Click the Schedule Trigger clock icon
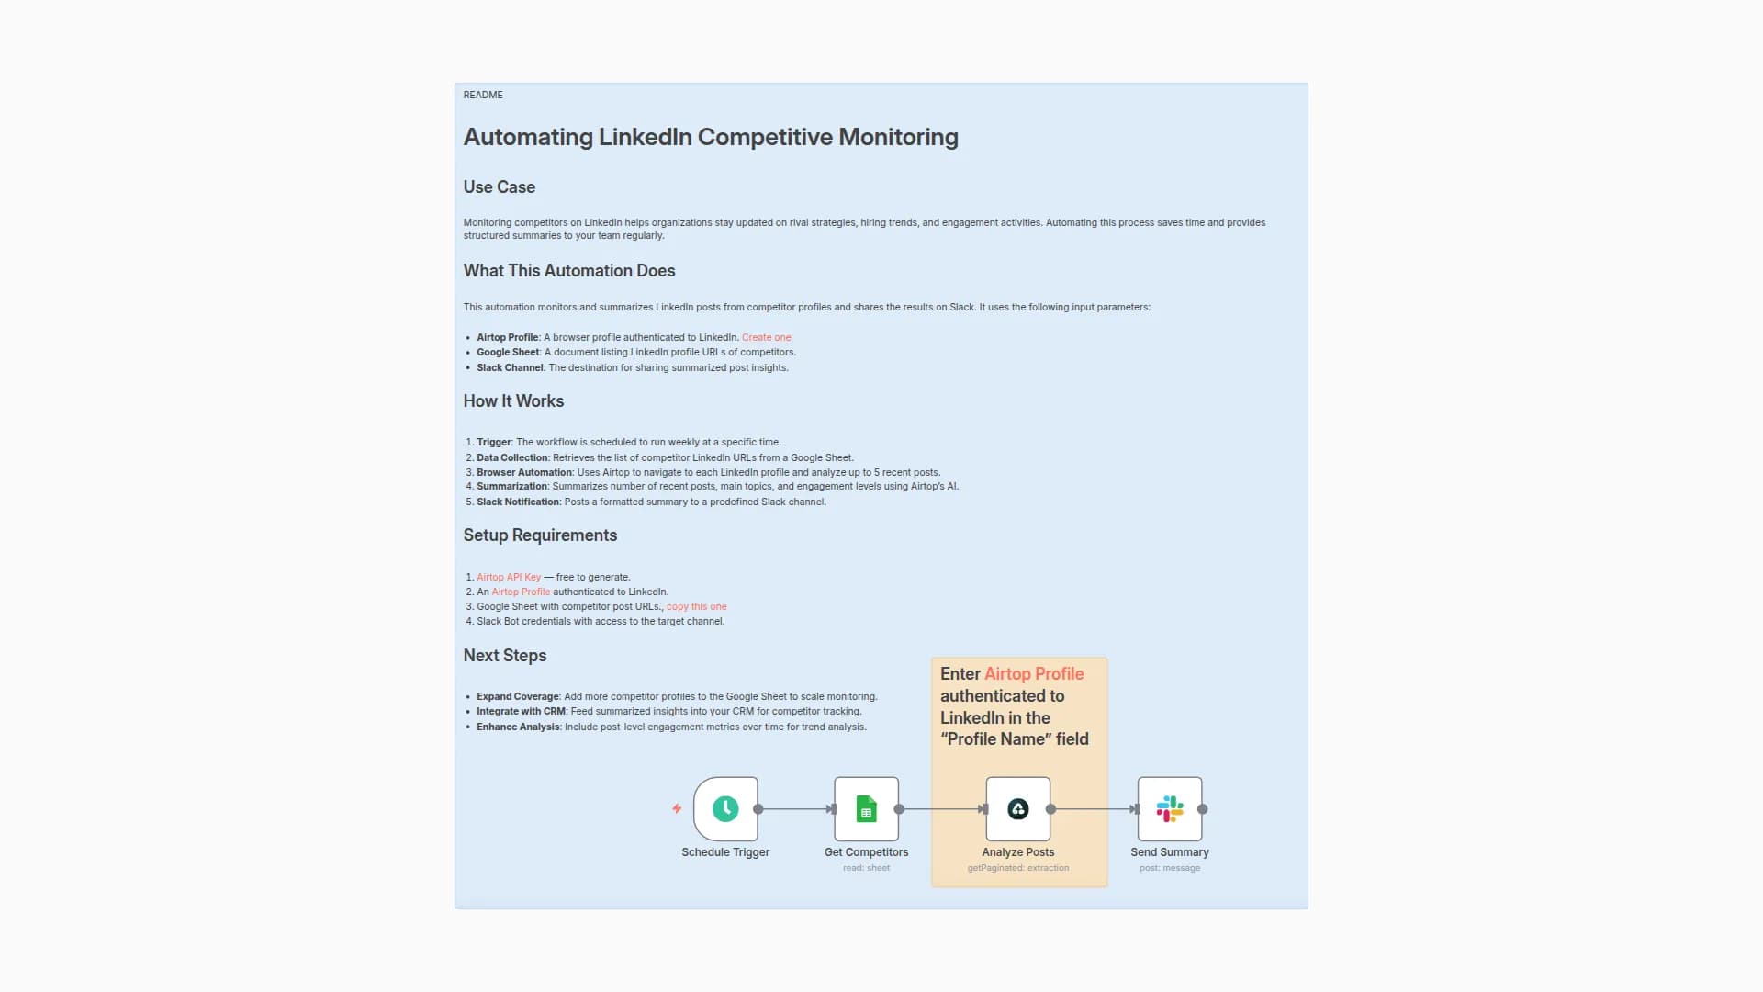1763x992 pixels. [725, 809]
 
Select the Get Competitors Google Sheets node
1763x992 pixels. [866, 809]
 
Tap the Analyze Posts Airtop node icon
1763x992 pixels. [1017, 809]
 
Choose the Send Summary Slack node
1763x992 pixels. [1169, 809]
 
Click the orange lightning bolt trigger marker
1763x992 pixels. [677, 809]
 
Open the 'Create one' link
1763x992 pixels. [766, 337]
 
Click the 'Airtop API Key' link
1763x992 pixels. [509, 577]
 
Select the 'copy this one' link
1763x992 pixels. [696, 606]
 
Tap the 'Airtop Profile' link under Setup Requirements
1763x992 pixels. [521, 592]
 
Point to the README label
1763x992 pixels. [483, 95]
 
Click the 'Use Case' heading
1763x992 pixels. [499, 187]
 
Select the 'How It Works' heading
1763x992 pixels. [513, 401]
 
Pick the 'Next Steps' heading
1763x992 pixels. [504, 656]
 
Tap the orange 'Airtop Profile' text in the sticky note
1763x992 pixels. [1034, 674]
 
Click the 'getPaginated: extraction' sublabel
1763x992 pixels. [1017, 868]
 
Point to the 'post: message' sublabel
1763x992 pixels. [1169, 868]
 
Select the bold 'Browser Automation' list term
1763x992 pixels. [523, 472]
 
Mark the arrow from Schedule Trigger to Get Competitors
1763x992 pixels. [796, 809]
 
